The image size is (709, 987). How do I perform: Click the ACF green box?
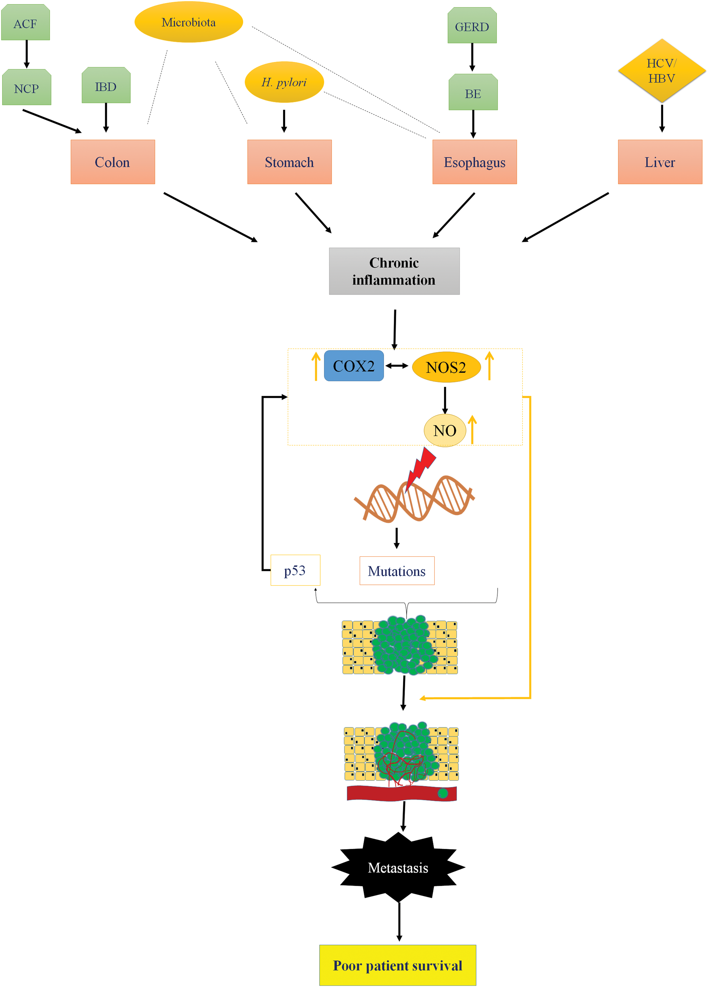point(25,22)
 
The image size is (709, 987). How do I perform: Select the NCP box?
point(26,87)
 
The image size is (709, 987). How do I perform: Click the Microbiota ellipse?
point(189,22)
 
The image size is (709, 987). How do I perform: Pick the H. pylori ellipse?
point(284,82)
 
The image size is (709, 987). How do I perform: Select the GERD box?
point(472,25)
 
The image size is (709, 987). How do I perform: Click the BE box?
point(473,92)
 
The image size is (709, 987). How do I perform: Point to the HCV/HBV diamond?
point(661,70)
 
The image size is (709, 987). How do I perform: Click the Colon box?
point(113,162)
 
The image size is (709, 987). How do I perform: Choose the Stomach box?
point(289,162)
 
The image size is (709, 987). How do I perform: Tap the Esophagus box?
point(475,162)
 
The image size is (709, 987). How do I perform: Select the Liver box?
point(660,162)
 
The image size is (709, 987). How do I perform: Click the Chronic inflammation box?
point(394,271)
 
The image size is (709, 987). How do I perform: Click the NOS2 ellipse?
point(446,367)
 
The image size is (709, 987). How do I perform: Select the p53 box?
point(295,570)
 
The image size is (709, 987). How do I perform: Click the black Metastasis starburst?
point(398,867)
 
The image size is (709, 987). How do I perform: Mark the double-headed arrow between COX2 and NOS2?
point(397,366)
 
